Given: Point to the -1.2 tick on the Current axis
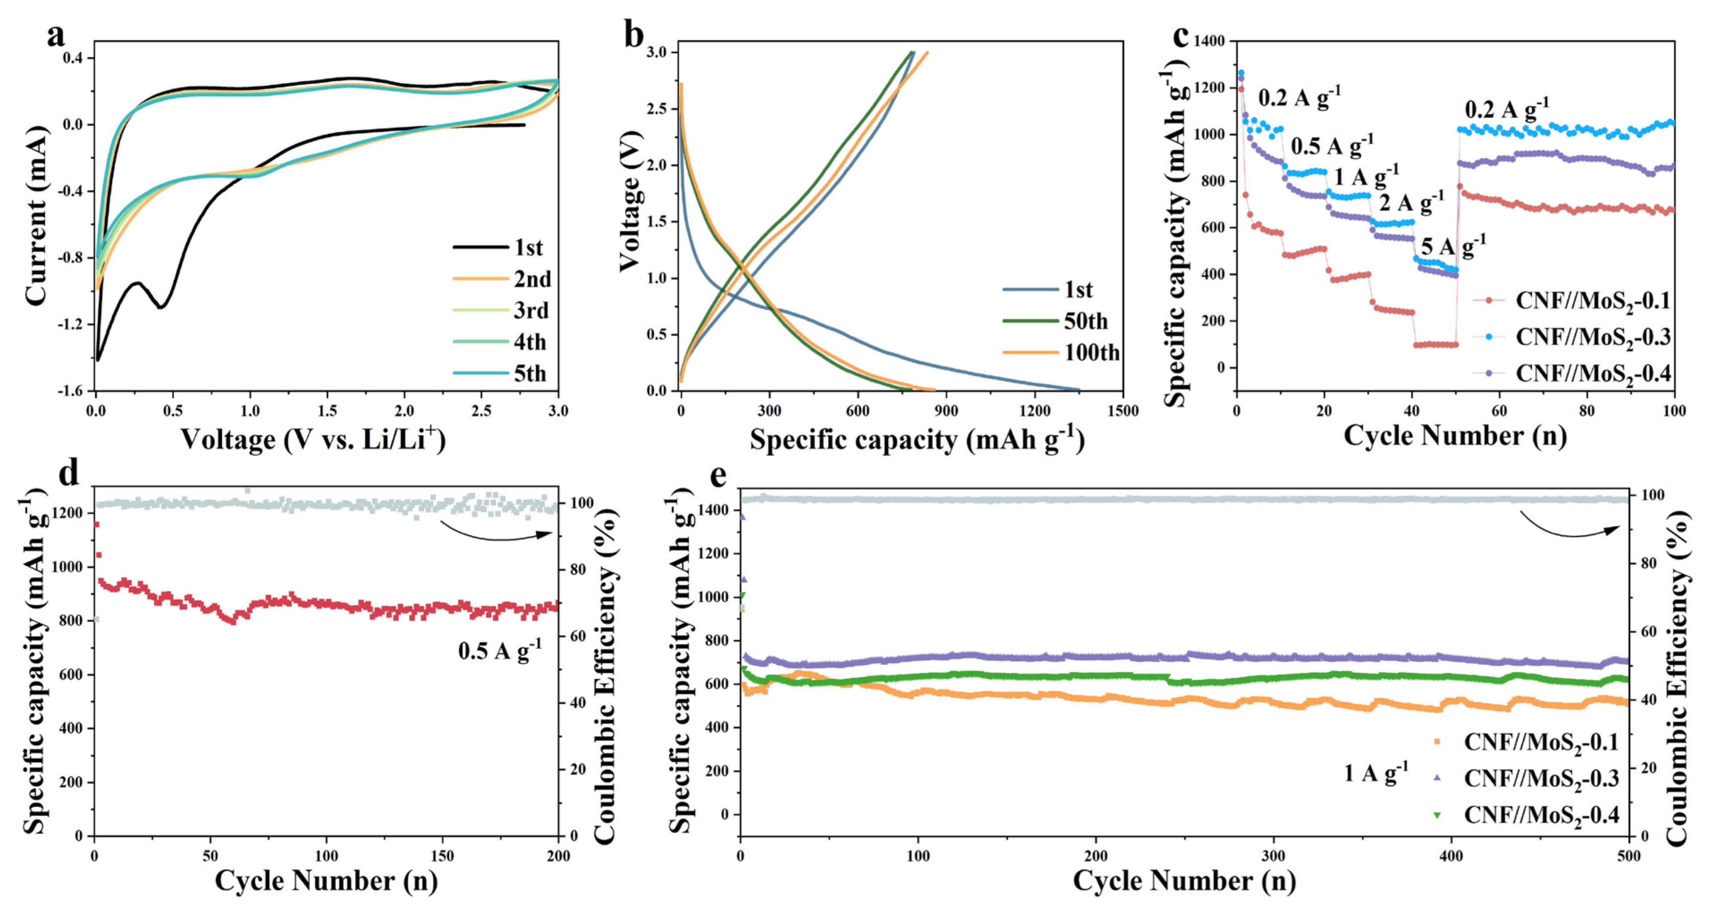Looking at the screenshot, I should pyautogui.click(x=75, y=324).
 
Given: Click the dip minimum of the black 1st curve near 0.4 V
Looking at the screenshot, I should pyautogui.click(x=160, y=307).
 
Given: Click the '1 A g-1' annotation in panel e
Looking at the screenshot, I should pyautogui.click(x=1376, y=773).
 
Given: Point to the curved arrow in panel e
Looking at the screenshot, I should pyautogui.click(x=1570, y=526).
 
